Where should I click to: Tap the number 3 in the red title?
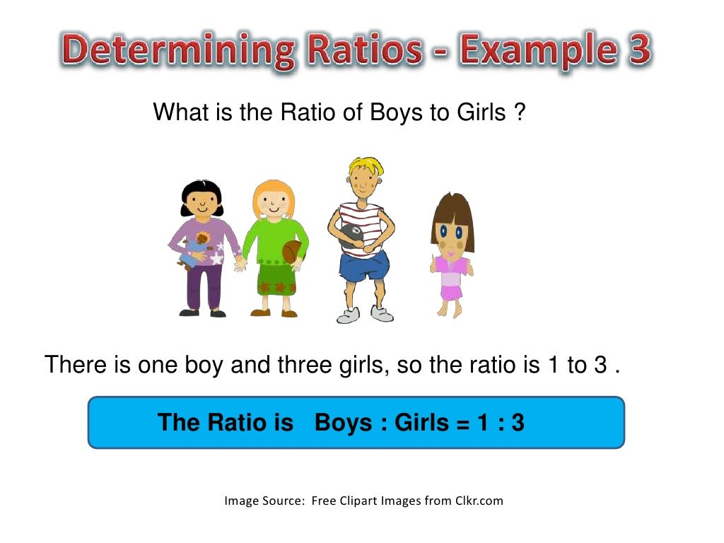(636, 51)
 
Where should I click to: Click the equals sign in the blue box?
(462, 422)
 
